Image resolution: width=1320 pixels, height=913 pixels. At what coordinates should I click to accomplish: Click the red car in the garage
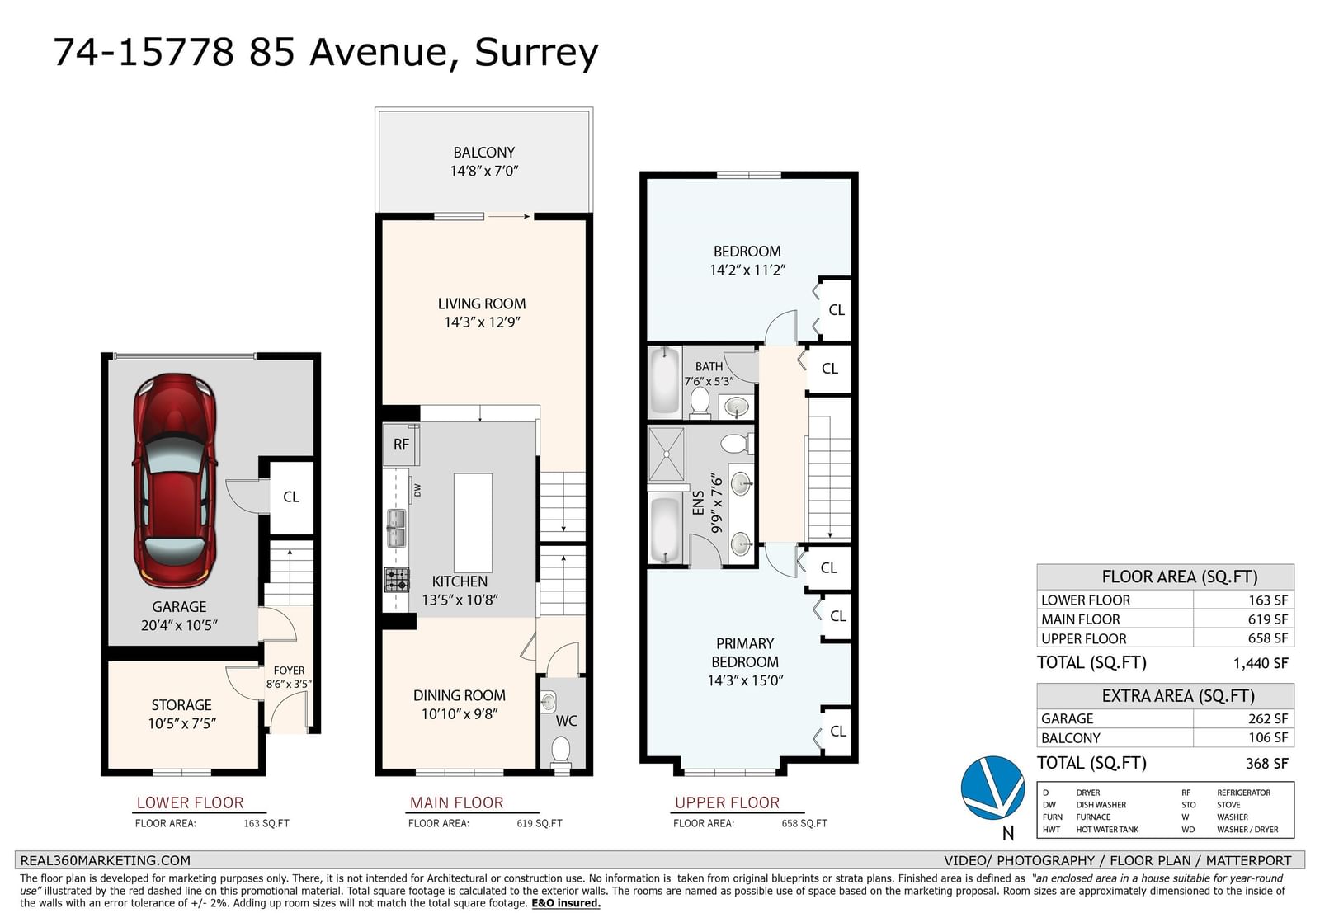[174, 481]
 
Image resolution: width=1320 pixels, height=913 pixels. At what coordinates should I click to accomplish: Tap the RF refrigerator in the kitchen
[401, 445]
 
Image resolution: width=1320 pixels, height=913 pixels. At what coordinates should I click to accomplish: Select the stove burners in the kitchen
[397, 579]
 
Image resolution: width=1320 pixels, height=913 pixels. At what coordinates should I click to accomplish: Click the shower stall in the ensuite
[667, 454]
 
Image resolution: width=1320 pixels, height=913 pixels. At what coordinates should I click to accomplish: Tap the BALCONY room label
[483, 153]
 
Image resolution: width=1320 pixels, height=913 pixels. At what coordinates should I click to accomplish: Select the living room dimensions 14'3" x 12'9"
[482, 322]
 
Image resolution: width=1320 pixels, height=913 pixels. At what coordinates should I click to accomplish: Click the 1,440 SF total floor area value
[1261, 663]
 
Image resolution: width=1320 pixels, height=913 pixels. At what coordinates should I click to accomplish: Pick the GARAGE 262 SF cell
[1165, 718]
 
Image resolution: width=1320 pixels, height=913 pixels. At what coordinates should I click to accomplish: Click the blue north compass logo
[992, 788]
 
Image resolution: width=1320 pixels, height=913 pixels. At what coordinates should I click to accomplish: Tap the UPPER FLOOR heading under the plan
[727, 802]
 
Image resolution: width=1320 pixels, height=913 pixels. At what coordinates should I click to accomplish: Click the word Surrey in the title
[536, 53]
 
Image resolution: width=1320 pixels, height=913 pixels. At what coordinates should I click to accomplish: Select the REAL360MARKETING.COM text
[106, 860]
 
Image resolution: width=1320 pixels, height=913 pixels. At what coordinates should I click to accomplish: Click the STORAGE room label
[181, 705]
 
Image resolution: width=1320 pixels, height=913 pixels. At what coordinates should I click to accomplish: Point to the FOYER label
[289, 671]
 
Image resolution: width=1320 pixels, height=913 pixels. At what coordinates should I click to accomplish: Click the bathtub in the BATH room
[665, 381]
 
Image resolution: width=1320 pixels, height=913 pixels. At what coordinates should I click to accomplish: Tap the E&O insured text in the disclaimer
[566, 903]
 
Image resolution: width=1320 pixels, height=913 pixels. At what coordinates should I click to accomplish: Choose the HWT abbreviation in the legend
[1051, 830]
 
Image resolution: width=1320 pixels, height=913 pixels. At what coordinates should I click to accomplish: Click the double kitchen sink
[396, 529]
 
